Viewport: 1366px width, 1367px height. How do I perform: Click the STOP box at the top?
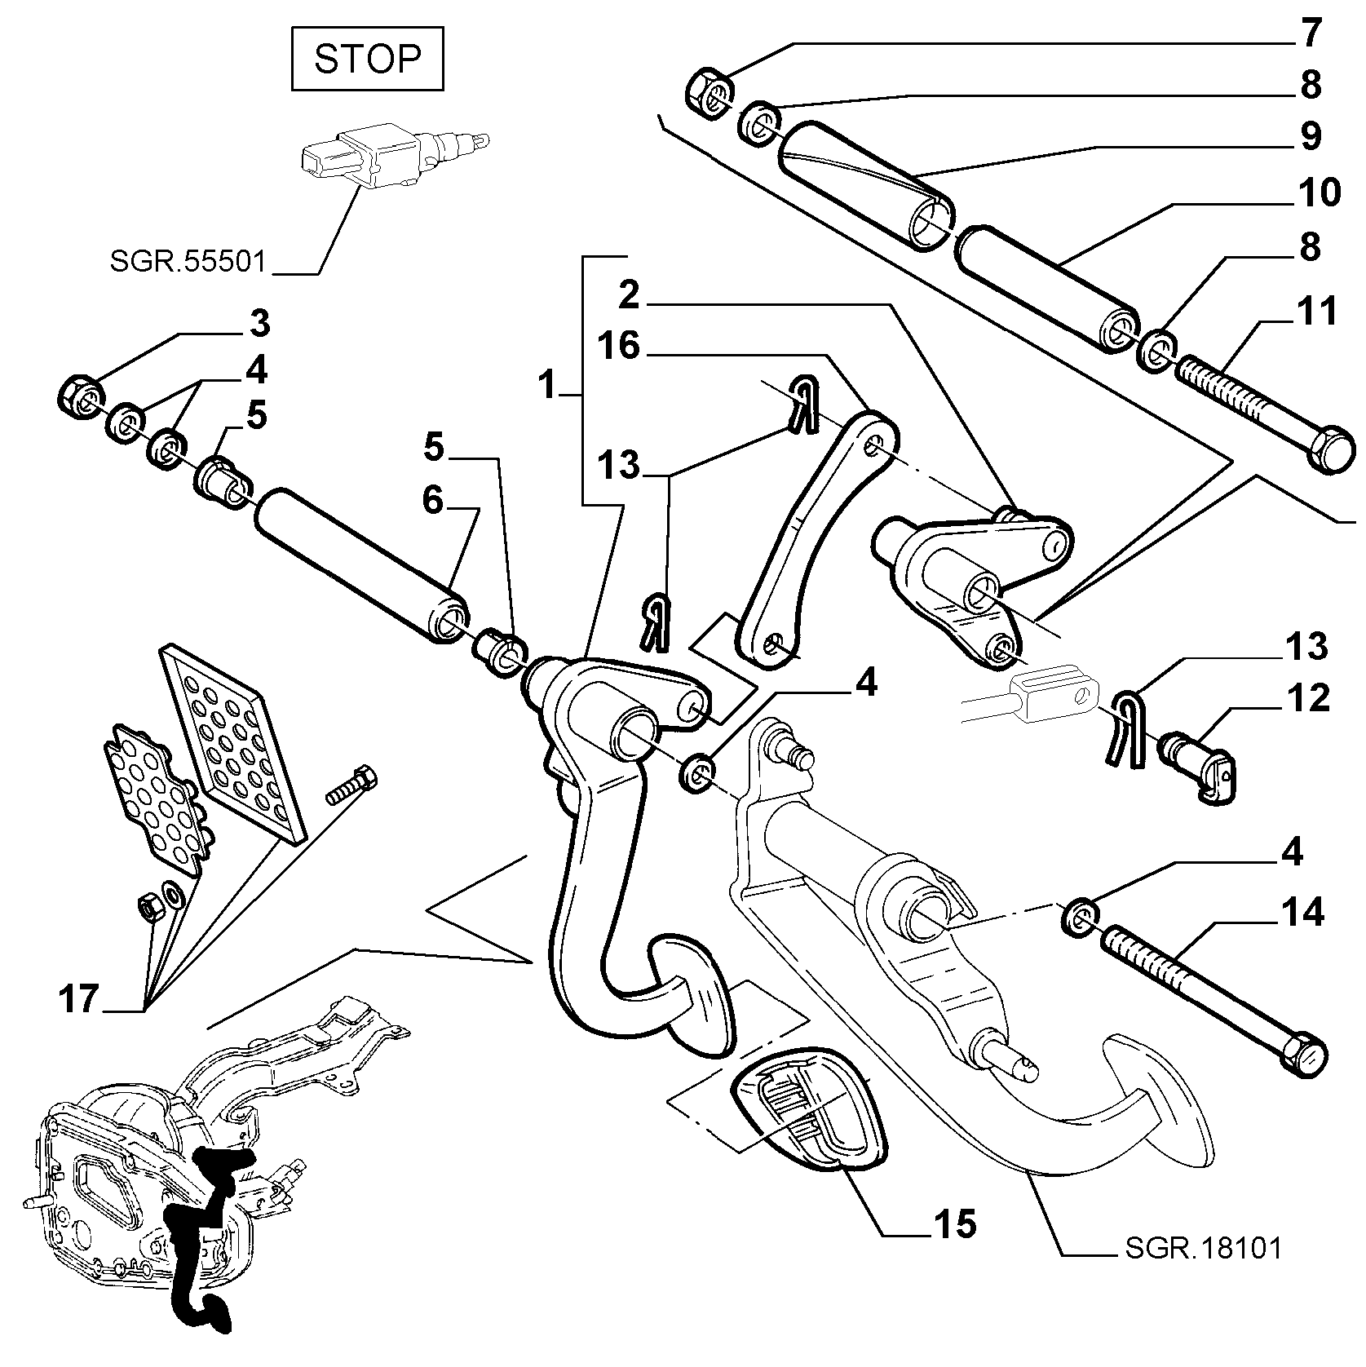tap(367, 59)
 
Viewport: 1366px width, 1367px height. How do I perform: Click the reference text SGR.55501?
tap(188, 261)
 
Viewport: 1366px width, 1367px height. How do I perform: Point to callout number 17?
tap(79, 999)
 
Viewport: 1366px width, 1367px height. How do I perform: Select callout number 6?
tap(433, 499)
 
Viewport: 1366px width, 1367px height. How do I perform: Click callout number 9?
tap(1311, 135)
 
